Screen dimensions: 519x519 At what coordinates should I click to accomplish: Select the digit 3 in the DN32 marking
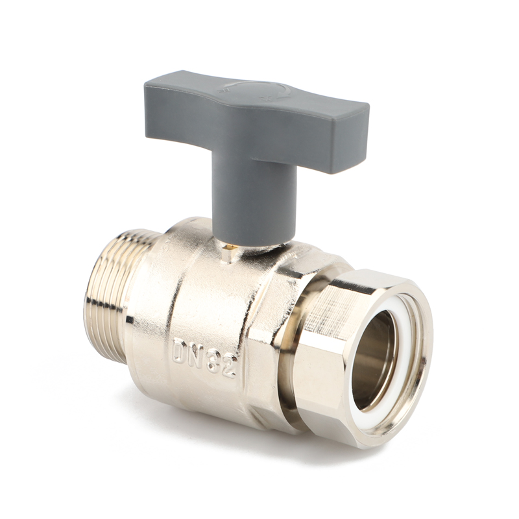(x=213, y=361)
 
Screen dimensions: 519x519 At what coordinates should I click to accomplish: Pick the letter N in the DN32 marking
(x=197, y=356)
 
